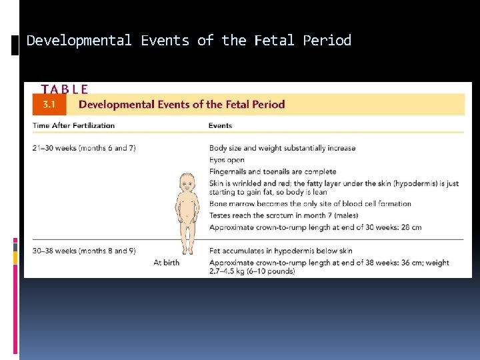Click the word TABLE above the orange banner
pos(65,89)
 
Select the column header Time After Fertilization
pos(73,125)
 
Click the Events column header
pos(220,125)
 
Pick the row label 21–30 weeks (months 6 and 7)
pos(84,148)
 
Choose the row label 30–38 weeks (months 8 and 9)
pos(84,251)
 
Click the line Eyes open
pos(227,160)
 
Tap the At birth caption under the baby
pos(166,263)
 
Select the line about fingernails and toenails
pos(273,172)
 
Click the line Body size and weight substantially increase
pos(282,148)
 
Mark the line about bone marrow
pos(310,204)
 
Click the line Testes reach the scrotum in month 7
pos(283,215)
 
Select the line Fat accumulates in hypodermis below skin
pos(281,251)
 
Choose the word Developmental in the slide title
pos(79,41)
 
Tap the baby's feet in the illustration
pos(188,252)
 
